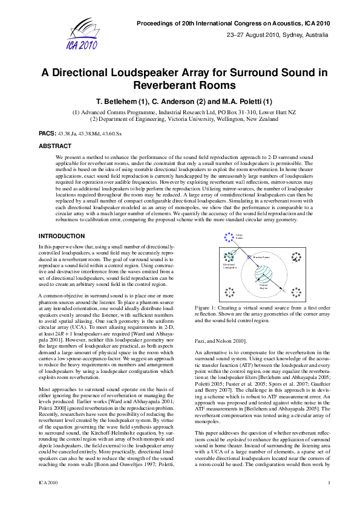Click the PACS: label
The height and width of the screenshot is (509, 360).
(x=48, y=132)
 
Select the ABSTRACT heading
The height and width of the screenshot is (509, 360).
(x=55, y=146)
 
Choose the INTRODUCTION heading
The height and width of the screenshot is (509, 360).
(x=62, y=235)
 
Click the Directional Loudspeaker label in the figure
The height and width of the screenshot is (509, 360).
(x=231, y=265)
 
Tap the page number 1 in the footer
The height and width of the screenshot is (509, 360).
(x=329, y=499)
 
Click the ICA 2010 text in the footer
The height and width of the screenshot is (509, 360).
(x=48, y=499)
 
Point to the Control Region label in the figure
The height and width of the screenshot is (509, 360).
(x=263, y=287)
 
